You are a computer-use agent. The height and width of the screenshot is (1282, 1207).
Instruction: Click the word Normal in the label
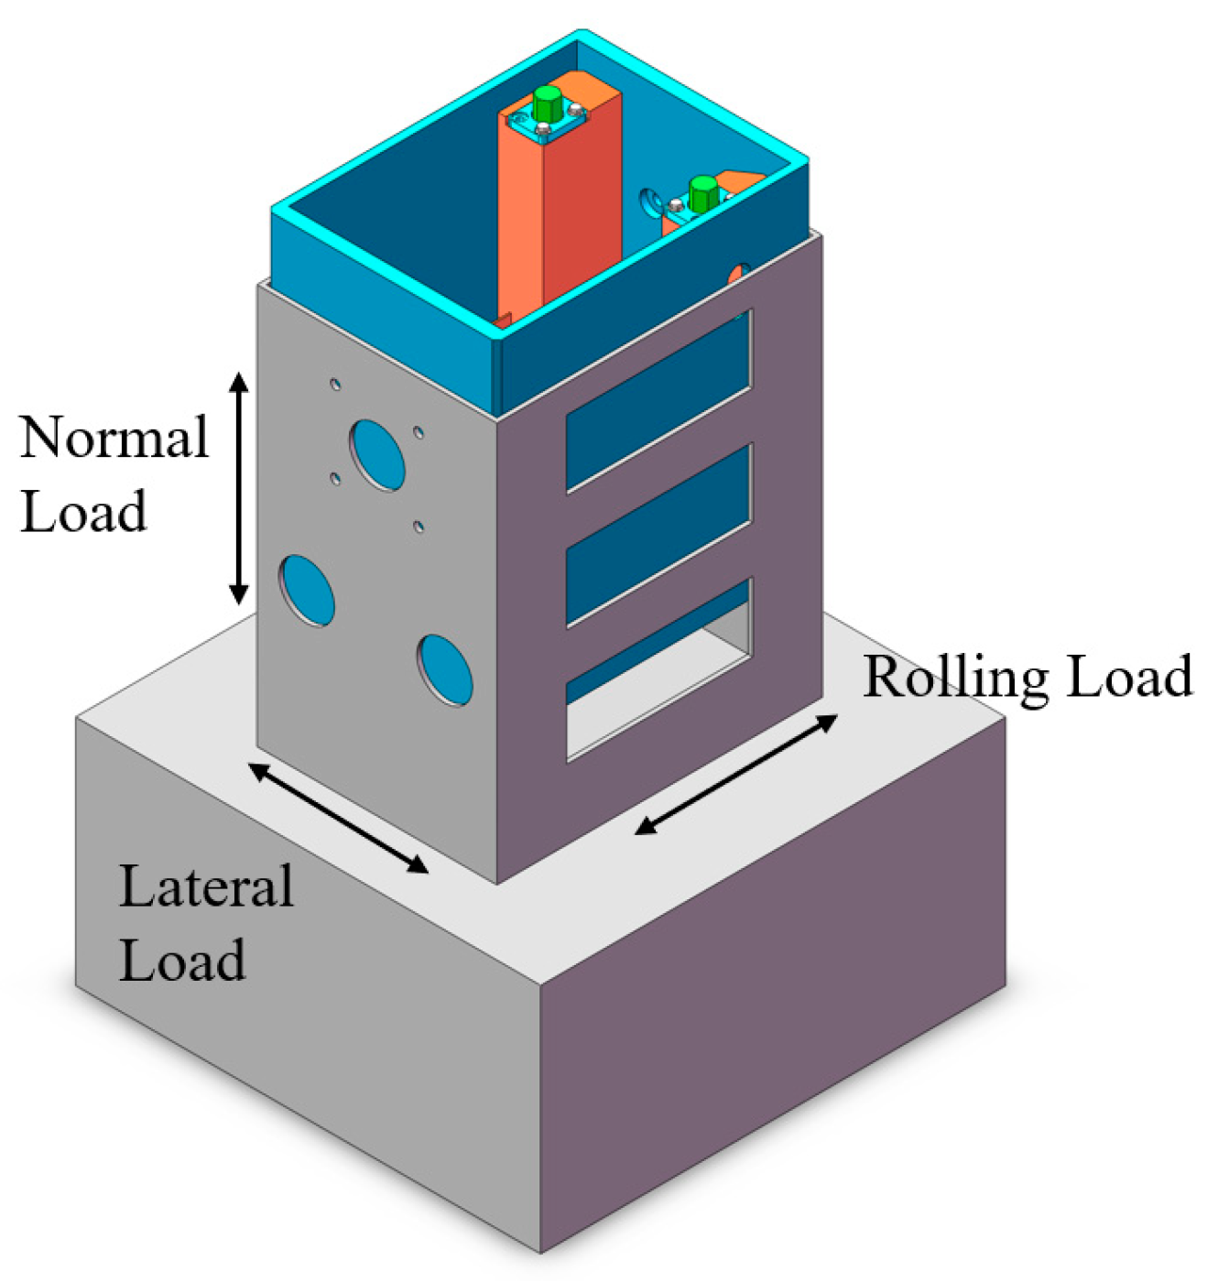tap(114, 438)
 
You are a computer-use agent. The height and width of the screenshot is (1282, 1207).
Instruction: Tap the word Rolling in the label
tap(954, 678)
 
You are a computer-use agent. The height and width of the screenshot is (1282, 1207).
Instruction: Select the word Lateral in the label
tap(206, 886)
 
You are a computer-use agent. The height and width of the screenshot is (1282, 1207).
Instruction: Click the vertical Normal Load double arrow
tap(238, 489)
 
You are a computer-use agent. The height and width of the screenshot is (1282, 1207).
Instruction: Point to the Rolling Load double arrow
tap(736, 774)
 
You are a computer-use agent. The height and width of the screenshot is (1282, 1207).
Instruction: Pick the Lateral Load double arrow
tap(338, 818)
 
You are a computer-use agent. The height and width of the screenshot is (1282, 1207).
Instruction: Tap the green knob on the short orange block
tap(702, 193)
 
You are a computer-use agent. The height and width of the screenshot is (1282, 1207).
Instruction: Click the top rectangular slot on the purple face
tap(658, 399)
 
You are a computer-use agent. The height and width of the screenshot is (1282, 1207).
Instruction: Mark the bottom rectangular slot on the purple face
tap(658, 668)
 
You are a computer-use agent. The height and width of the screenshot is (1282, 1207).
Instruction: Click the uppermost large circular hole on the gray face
tap(376, 454)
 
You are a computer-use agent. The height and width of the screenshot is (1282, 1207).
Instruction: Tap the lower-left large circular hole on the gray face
tap(307, 591)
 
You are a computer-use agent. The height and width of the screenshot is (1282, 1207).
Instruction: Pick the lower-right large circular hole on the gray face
tap(446, 670)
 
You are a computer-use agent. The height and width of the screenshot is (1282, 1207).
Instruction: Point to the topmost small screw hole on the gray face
tap(336, 384)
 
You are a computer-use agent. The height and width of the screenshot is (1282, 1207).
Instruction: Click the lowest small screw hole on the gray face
tap(419, 527)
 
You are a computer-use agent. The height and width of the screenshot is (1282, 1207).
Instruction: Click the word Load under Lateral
tap(182, 961)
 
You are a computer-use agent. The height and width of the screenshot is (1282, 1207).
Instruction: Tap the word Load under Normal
tap(83, 511)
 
